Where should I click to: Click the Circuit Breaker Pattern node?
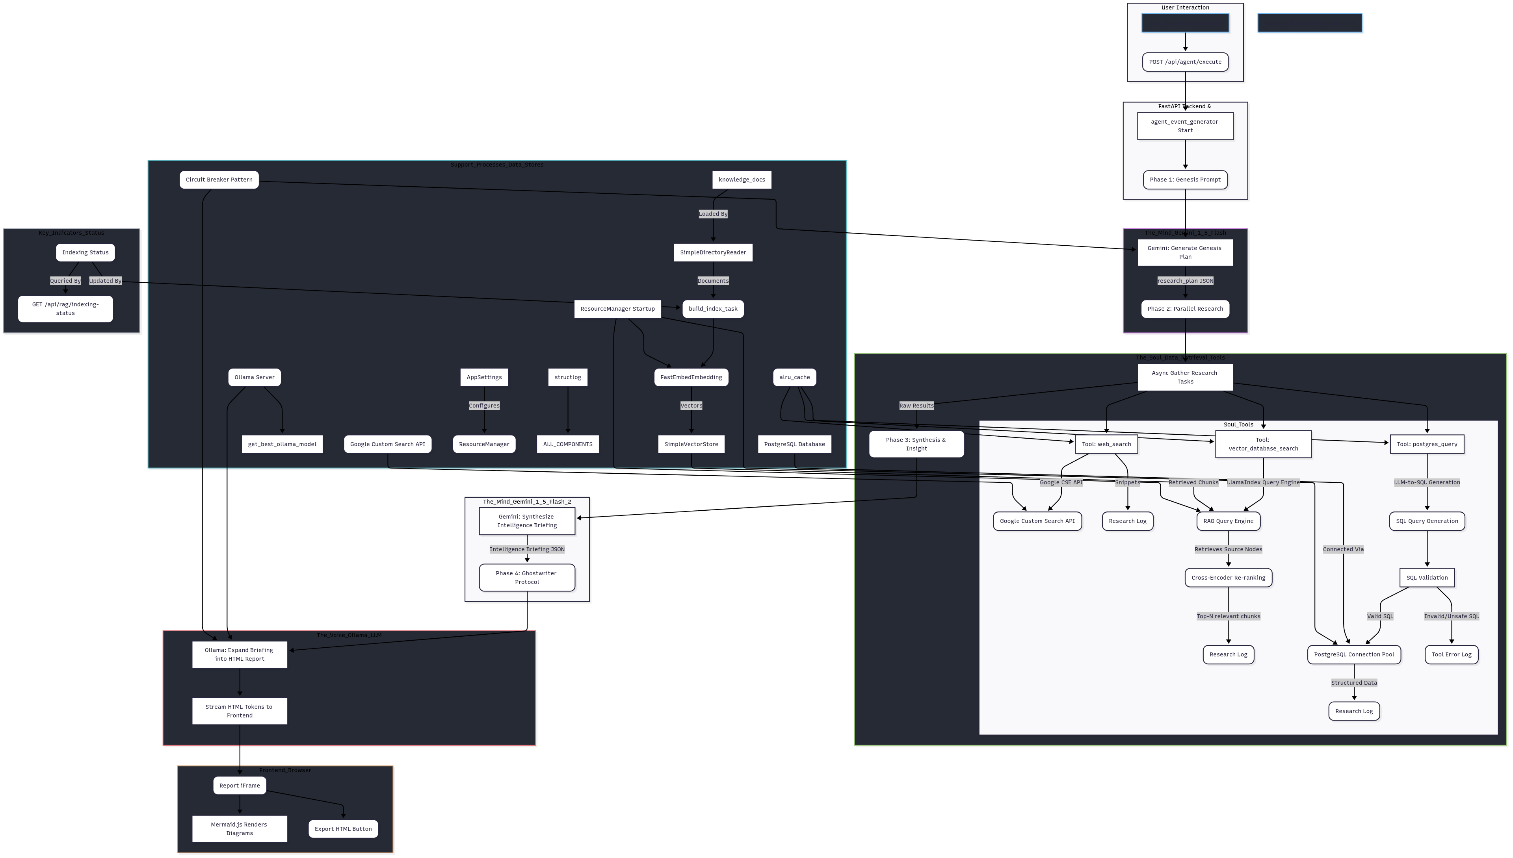click(219, 180)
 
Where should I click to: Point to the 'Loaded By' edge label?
click(713, 214)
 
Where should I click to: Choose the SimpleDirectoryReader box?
click(713, 252)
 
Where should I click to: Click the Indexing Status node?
click(86, 252)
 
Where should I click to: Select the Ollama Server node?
click(254, 377)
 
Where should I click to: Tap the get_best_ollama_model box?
click(282, 444)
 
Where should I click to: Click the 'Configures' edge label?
click(484, 406)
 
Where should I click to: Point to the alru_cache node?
click(794, 377)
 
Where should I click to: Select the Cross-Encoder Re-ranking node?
click(1228, 578)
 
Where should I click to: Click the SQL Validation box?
click(1427, 578)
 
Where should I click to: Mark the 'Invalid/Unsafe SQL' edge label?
click(1451, 616)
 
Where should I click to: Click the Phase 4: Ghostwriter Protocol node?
click(526, 578)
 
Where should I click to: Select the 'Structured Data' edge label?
click(1354, 683)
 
